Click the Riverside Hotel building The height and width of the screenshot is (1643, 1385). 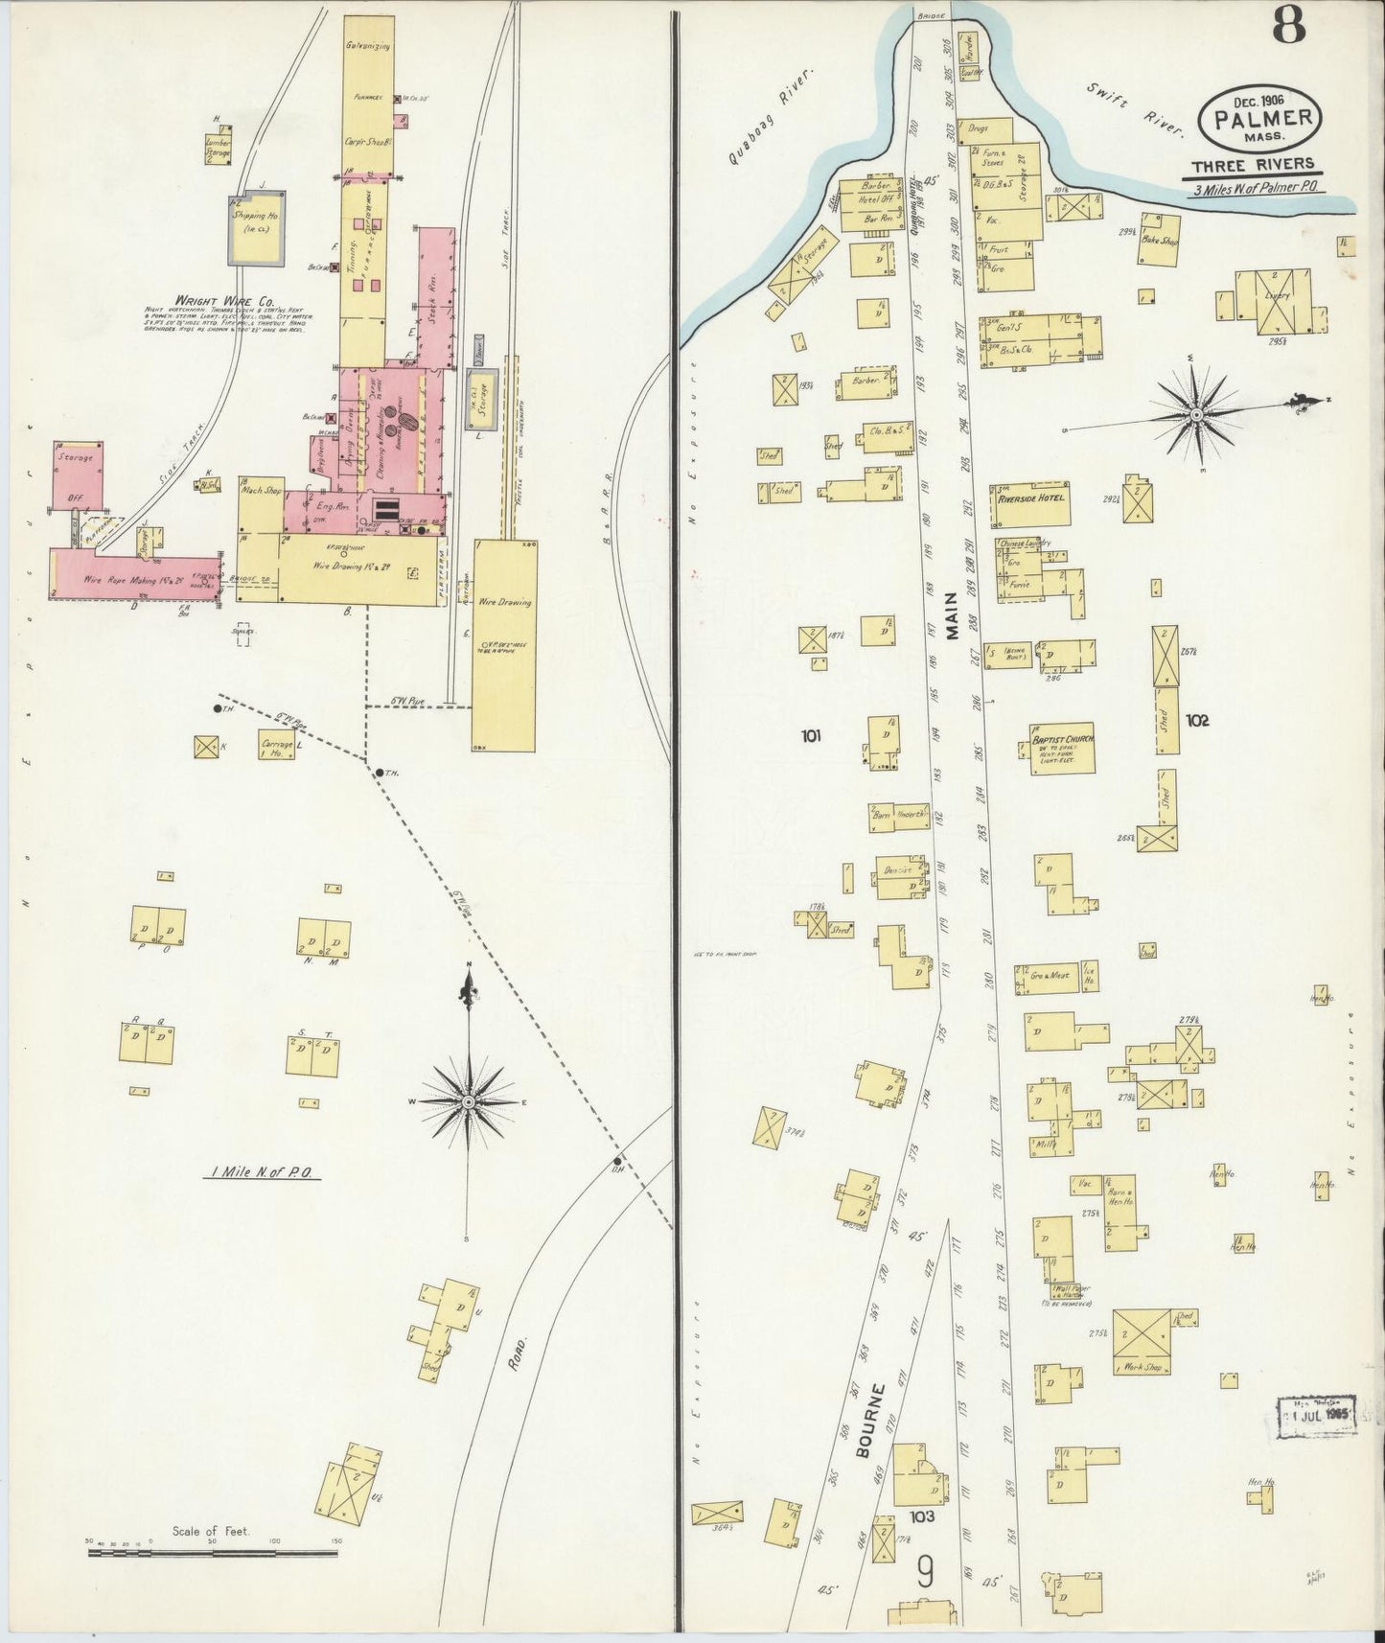tap(1030, 503)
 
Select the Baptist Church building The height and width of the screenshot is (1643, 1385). tap(1062, 748)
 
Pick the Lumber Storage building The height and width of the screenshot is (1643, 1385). tap(219, 149)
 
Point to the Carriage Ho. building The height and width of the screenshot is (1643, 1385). tap(276, 747)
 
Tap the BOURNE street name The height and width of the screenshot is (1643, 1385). tap(868, 1433)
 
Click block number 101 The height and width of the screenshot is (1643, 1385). tap(811, 736)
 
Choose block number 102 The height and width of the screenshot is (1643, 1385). tap(1197, 719)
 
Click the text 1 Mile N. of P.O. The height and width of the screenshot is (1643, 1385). tap(264, 1172)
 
